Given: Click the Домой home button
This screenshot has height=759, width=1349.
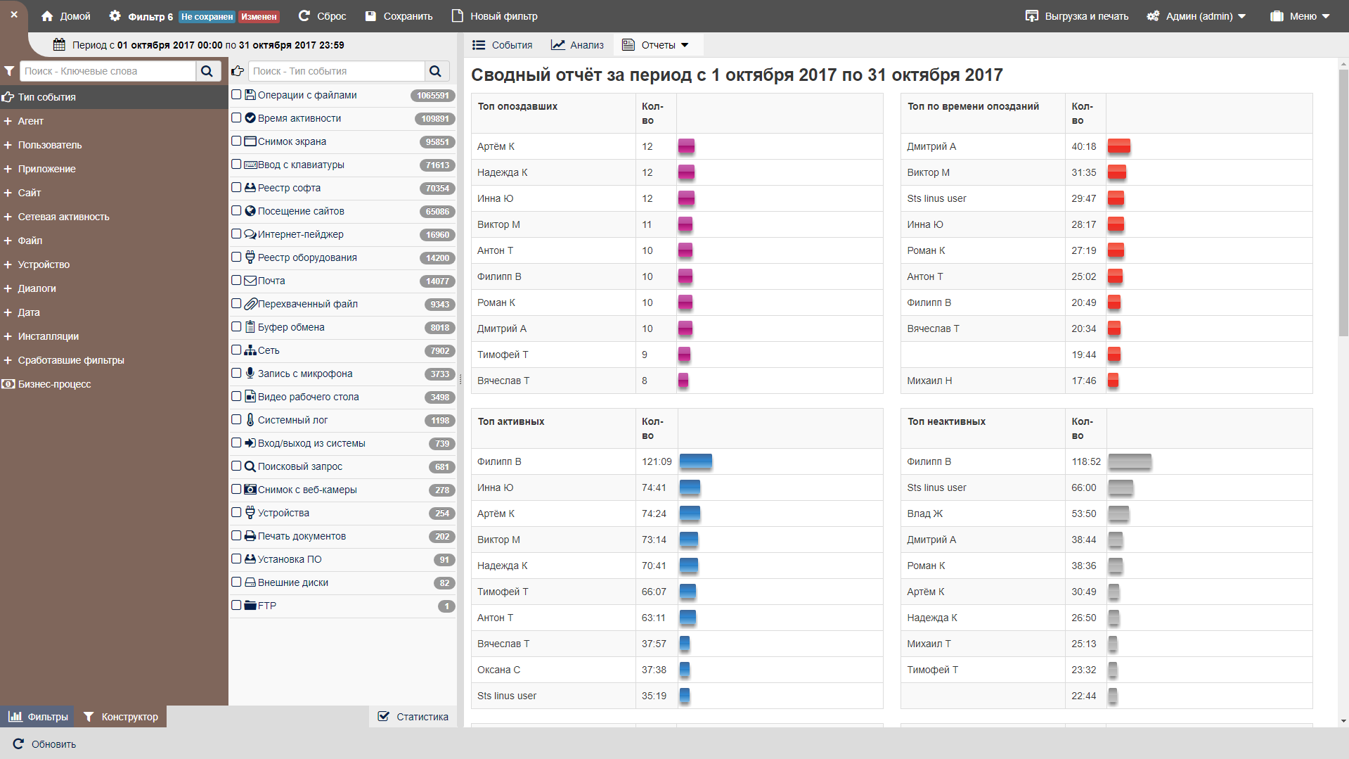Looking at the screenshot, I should click(x=66, y=16).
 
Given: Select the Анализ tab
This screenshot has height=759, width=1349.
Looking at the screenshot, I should click(x=578, y=45).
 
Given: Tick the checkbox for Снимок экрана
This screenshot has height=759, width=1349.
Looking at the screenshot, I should click(x=237, y=141).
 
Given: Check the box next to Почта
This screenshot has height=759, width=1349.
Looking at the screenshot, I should click(x=237, y=281).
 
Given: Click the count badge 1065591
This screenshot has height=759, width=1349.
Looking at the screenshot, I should click(x=432, y=96).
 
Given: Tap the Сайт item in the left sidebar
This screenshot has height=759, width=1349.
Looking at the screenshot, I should click(x=30, y=193).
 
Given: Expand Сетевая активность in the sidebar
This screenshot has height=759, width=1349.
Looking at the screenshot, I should click(x=63, y=217).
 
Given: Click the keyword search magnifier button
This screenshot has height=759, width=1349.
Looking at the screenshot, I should click(x=207, y=71).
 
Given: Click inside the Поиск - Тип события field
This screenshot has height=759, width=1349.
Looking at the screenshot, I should click(x=336, y=71).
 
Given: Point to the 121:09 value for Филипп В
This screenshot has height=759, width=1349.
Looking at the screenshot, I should click(x=657, y=461).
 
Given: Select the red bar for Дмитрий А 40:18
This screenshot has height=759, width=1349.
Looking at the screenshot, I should click(x=1118, y=146).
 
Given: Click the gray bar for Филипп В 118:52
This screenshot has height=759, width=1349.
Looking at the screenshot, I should click(x=1130, y=461).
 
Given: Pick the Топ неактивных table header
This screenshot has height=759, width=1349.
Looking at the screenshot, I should click(x=946, y=421).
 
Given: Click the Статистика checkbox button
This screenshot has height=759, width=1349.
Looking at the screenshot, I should click(x=413, y=717).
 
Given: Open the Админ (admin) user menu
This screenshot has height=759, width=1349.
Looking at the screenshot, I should click(x=1196, y=16).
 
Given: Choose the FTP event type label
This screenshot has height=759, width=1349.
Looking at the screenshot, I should click(x=266, y=606).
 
